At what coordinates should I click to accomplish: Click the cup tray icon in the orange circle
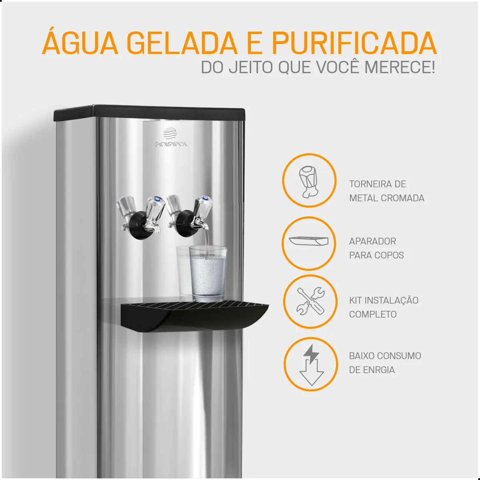(x=309, y=241)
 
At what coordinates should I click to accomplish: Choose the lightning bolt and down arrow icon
(x=311, y=365)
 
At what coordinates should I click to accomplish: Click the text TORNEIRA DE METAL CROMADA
(x=386, y=191)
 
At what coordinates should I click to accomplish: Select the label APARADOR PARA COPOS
(x=376, y=248)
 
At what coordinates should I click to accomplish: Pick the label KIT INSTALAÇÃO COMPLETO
(x=384, y=307)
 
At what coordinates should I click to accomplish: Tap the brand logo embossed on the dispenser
(x=170, y=137)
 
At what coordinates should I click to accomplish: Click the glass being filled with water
(x=208, y=274)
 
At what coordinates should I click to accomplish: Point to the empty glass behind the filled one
(x=183, y=273)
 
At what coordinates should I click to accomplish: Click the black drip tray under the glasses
(x=194, y=316)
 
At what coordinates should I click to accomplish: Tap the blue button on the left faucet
(x=158, y=198)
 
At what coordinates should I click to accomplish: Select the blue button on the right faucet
(x=205, y=198)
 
